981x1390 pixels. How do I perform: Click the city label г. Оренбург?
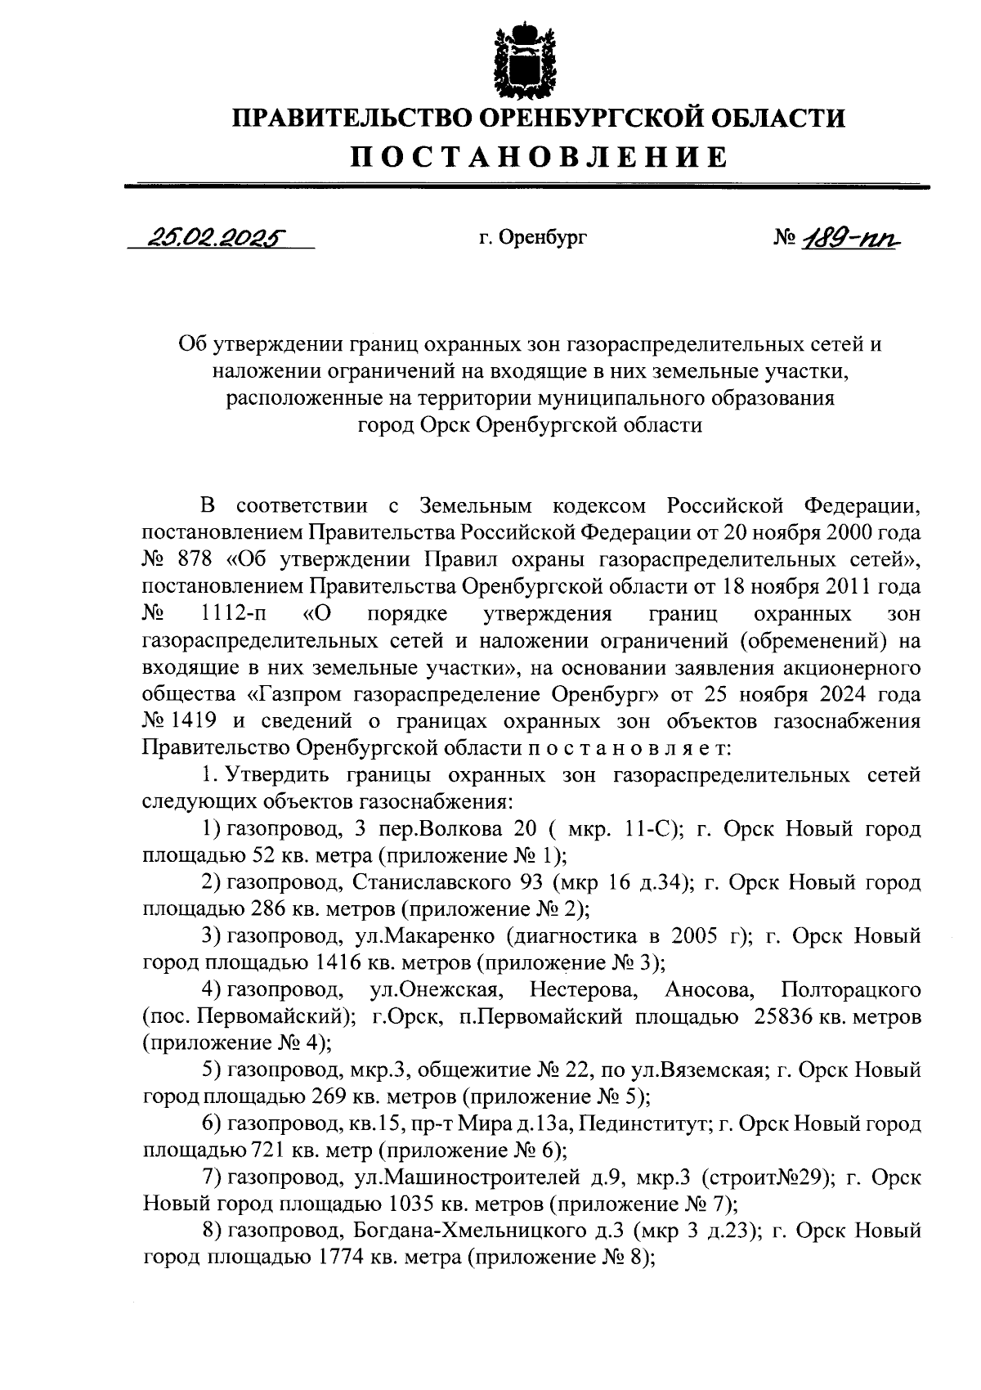pyautogui.click(x=532, y=238)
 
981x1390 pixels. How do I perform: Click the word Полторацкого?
pyautogui.click(x=851, y=990)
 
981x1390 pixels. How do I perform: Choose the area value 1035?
pyautogui.click(x=408, y=1205)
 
